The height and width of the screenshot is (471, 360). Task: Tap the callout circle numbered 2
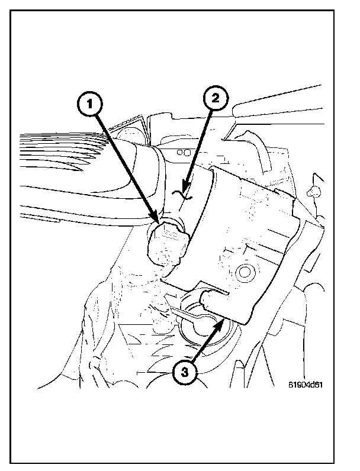click(216, 99)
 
